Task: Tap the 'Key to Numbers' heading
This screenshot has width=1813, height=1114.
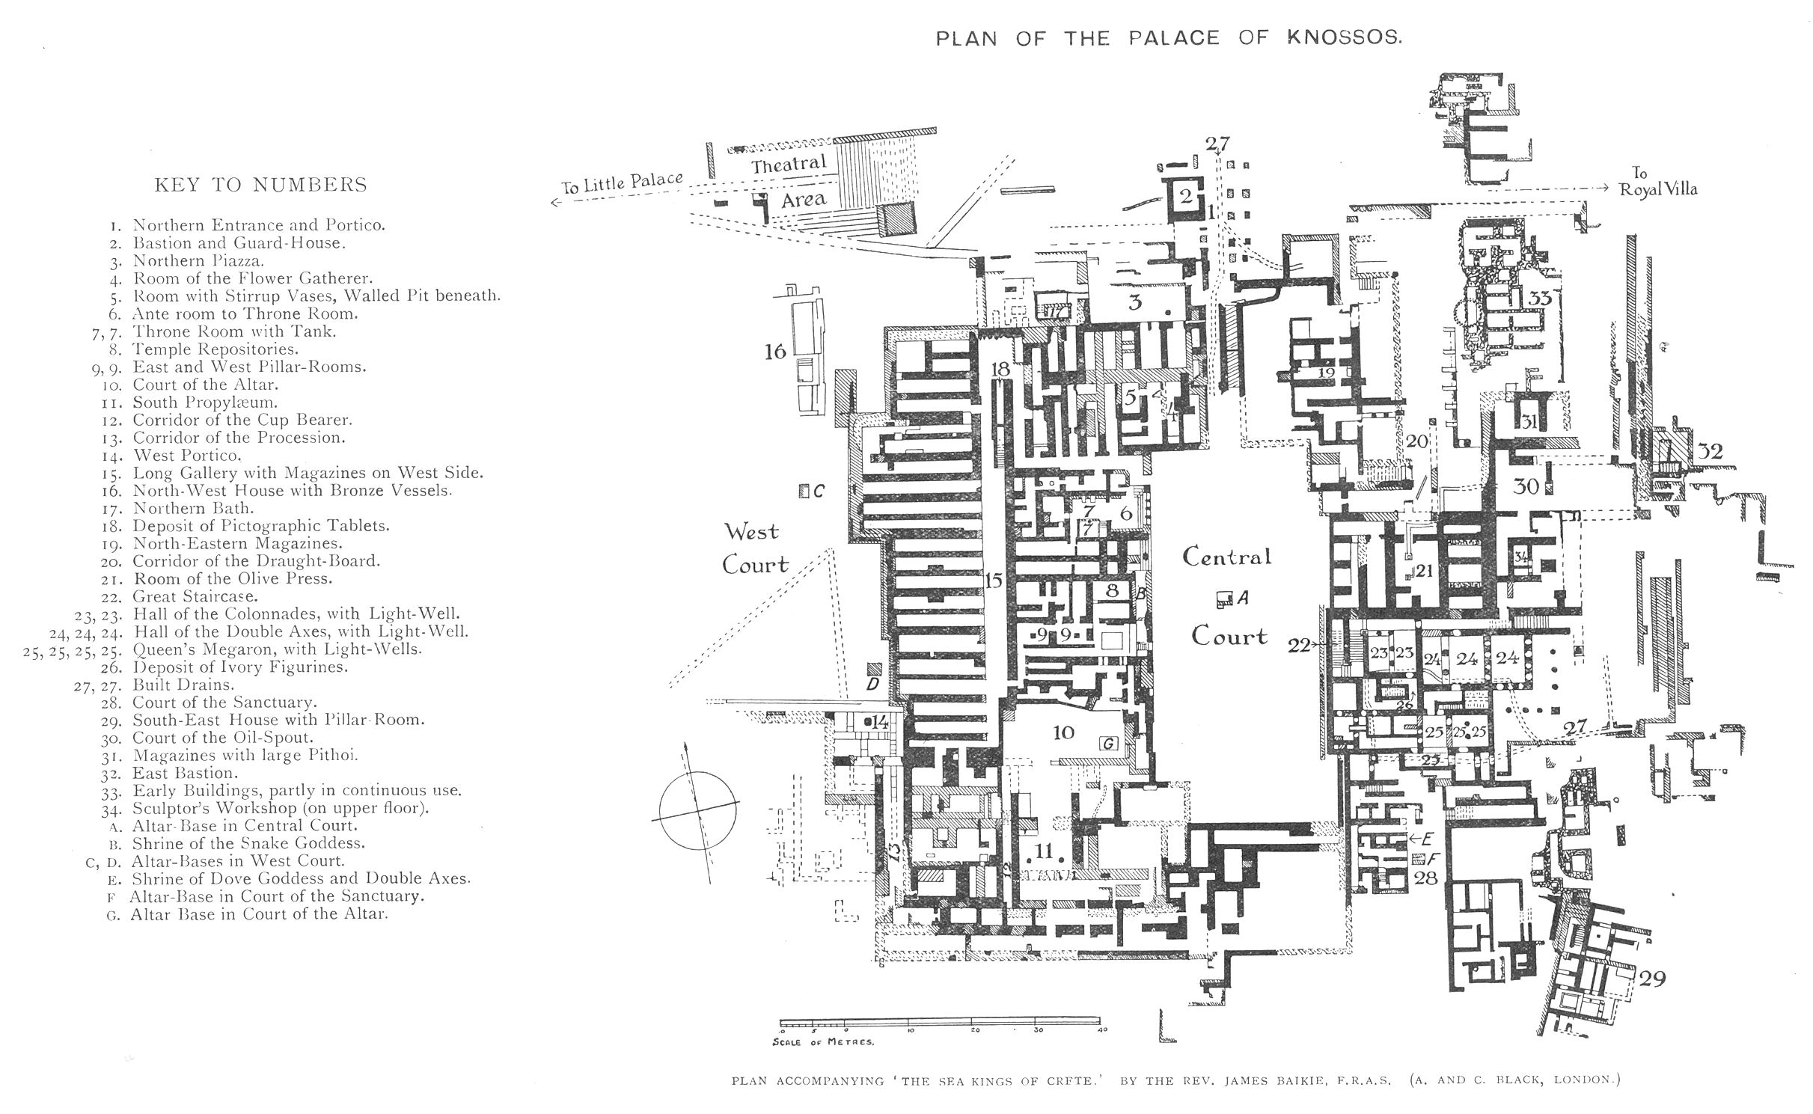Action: [x=260, y=185]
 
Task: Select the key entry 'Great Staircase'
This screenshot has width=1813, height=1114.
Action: [x=195, y=596]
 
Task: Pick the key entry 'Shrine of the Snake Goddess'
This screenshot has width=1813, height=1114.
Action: [x=248, y=843]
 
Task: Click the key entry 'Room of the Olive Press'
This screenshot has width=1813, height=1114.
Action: [x=232, y=579]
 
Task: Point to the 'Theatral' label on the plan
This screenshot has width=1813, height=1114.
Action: [x=789, y=165]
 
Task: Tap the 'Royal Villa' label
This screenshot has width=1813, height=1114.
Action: [x=1658, y=189]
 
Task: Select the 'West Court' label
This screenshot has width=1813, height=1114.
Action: [x=753, y=548]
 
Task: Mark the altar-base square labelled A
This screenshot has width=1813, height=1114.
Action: [x=1224, y=598]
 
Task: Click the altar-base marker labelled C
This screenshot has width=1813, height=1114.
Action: [x=804, y=492]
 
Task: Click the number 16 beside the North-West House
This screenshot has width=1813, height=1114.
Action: [x=775, y=350]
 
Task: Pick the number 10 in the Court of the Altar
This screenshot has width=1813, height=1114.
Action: [x=1063, y=732]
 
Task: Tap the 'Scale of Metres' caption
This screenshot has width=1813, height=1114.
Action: [x=822, y=1041]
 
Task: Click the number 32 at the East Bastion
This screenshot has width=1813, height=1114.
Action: [x=1710, y=452]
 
